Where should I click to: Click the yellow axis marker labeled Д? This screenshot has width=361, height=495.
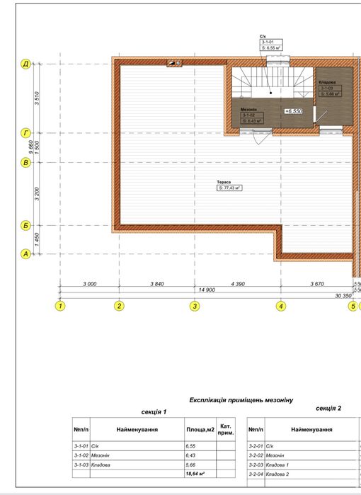click(25, 64)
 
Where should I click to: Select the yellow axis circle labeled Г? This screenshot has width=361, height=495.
click(25, 132)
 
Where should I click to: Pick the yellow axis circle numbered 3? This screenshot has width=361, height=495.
click(195, 306)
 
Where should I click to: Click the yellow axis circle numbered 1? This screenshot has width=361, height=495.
click(60, 306)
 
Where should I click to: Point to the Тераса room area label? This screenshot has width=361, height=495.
click(229, 186)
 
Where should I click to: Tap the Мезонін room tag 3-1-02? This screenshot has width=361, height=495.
click(252, 116)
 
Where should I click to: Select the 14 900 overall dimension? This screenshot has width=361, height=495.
click(207, 290)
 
